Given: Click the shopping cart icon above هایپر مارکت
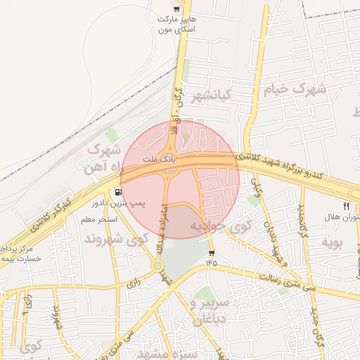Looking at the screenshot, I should pos(176,10).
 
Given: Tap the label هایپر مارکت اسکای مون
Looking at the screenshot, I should pos(176,25).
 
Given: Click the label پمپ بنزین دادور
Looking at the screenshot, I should pos(117,203).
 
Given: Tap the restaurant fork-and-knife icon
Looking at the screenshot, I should pos(346,205).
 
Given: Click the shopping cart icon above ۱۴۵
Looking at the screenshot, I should pos(212,252).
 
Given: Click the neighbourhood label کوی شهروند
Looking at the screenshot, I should pos(116,239).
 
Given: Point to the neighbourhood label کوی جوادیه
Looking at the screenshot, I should pos(221,226).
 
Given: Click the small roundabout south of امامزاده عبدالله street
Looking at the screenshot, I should pos(157,266).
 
